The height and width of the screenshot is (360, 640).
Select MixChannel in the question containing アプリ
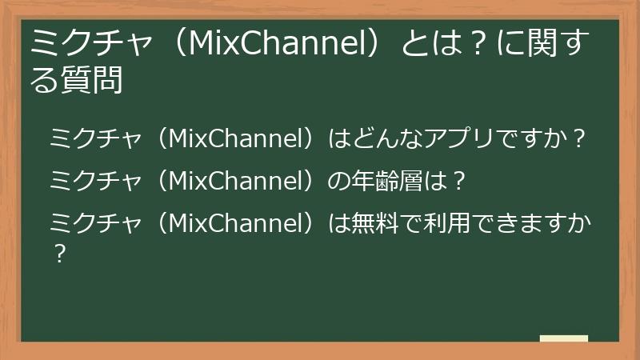coord(236,141)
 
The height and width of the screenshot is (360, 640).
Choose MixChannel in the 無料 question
coord(236,225)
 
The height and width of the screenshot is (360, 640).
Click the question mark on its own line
coord(58,255)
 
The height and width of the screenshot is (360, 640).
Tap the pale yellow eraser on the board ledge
coord(563,338)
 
